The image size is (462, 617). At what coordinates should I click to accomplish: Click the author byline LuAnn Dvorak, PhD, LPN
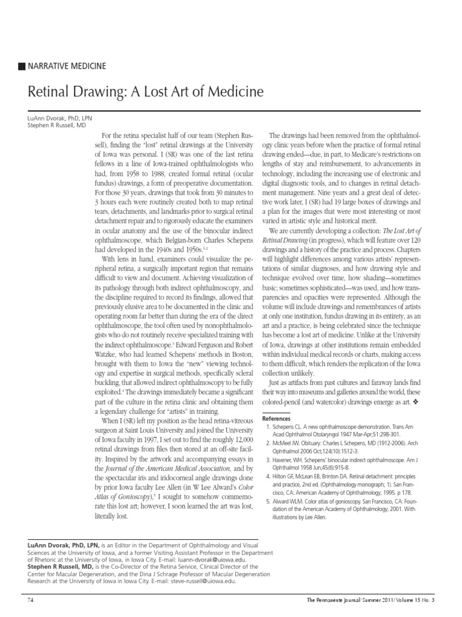(x=60, y=119)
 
